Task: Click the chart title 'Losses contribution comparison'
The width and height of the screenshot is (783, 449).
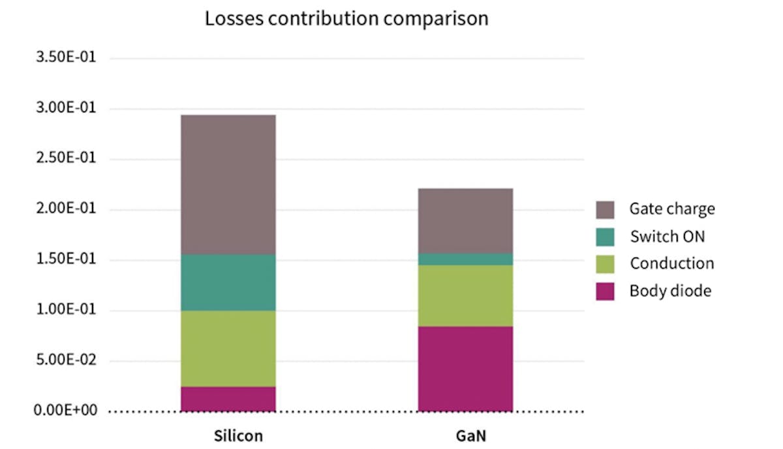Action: coord(346,18)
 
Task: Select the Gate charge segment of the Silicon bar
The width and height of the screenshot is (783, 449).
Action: coord(228,184)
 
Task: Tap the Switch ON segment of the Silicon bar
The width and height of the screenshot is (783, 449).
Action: coord(228,282)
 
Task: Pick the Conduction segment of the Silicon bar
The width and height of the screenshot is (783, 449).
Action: coord(228,349)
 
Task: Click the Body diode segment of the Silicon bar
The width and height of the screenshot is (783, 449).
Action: coord(228,399)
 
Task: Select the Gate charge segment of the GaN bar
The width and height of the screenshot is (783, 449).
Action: coord(465,220)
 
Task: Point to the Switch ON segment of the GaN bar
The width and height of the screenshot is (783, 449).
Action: coord(465,259)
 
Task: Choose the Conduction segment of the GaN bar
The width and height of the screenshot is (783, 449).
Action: coord(465,296)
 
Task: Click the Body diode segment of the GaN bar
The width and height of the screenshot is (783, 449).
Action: coord(465,369)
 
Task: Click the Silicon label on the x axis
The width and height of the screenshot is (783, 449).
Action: coord(238,435)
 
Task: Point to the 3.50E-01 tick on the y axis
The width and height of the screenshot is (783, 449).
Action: coord(68,58)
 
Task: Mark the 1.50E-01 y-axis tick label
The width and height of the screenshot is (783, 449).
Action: coord(68,260)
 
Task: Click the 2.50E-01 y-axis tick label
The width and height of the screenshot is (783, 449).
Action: coord(68,159)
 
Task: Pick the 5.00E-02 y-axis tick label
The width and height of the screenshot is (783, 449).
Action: coord(68,361)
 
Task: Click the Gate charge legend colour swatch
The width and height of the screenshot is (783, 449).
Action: coord(605,209)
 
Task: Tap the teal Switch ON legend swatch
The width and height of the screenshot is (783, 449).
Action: coord(605,237)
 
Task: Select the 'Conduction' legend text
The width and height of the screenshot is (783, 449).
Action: coord(671,263)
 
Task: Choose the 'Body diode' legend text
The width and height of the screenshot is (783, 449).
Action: coord(670,291)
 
